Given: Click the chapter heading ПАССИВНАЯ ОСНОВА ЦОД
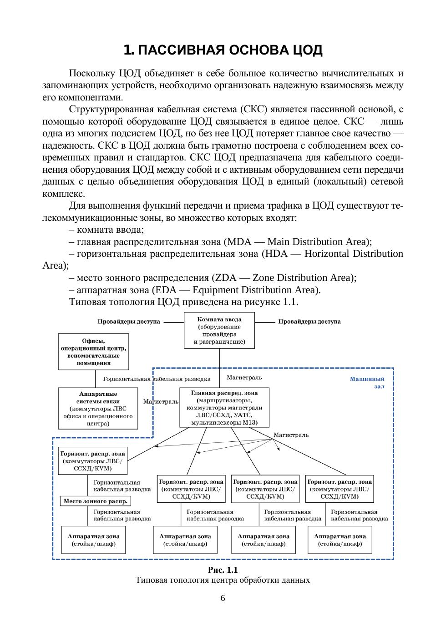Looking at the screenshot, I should point(223,50).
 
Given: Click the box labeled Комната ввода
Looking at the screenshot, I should point(219,330).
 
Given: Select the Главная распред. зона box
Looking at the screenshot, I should point(224,408).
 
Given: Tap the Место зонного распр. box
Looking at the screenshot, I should point(96,501).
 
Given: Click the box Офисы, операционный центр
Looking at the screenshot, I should point(93,352).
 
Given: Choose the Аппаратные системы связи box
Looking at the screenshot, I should point(98,408).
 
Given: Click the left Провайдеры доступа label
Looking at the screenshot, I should point(129,322).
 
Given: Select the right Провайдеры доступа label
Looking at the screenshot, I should point(309,322).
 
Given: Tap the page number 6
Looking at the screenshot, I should point(223,598).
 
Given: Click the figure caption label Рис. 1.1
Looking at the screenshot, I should point(223,570).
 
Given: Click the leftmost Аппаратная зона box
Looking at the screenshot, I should point(93,540).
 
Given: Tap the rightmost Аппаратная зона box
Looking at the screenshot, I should point(340,540).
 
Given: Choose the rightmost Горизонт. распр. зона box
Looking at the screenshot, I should point(340,489).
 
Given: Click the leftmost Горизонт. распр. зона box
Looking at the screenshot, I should point(93,461).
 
